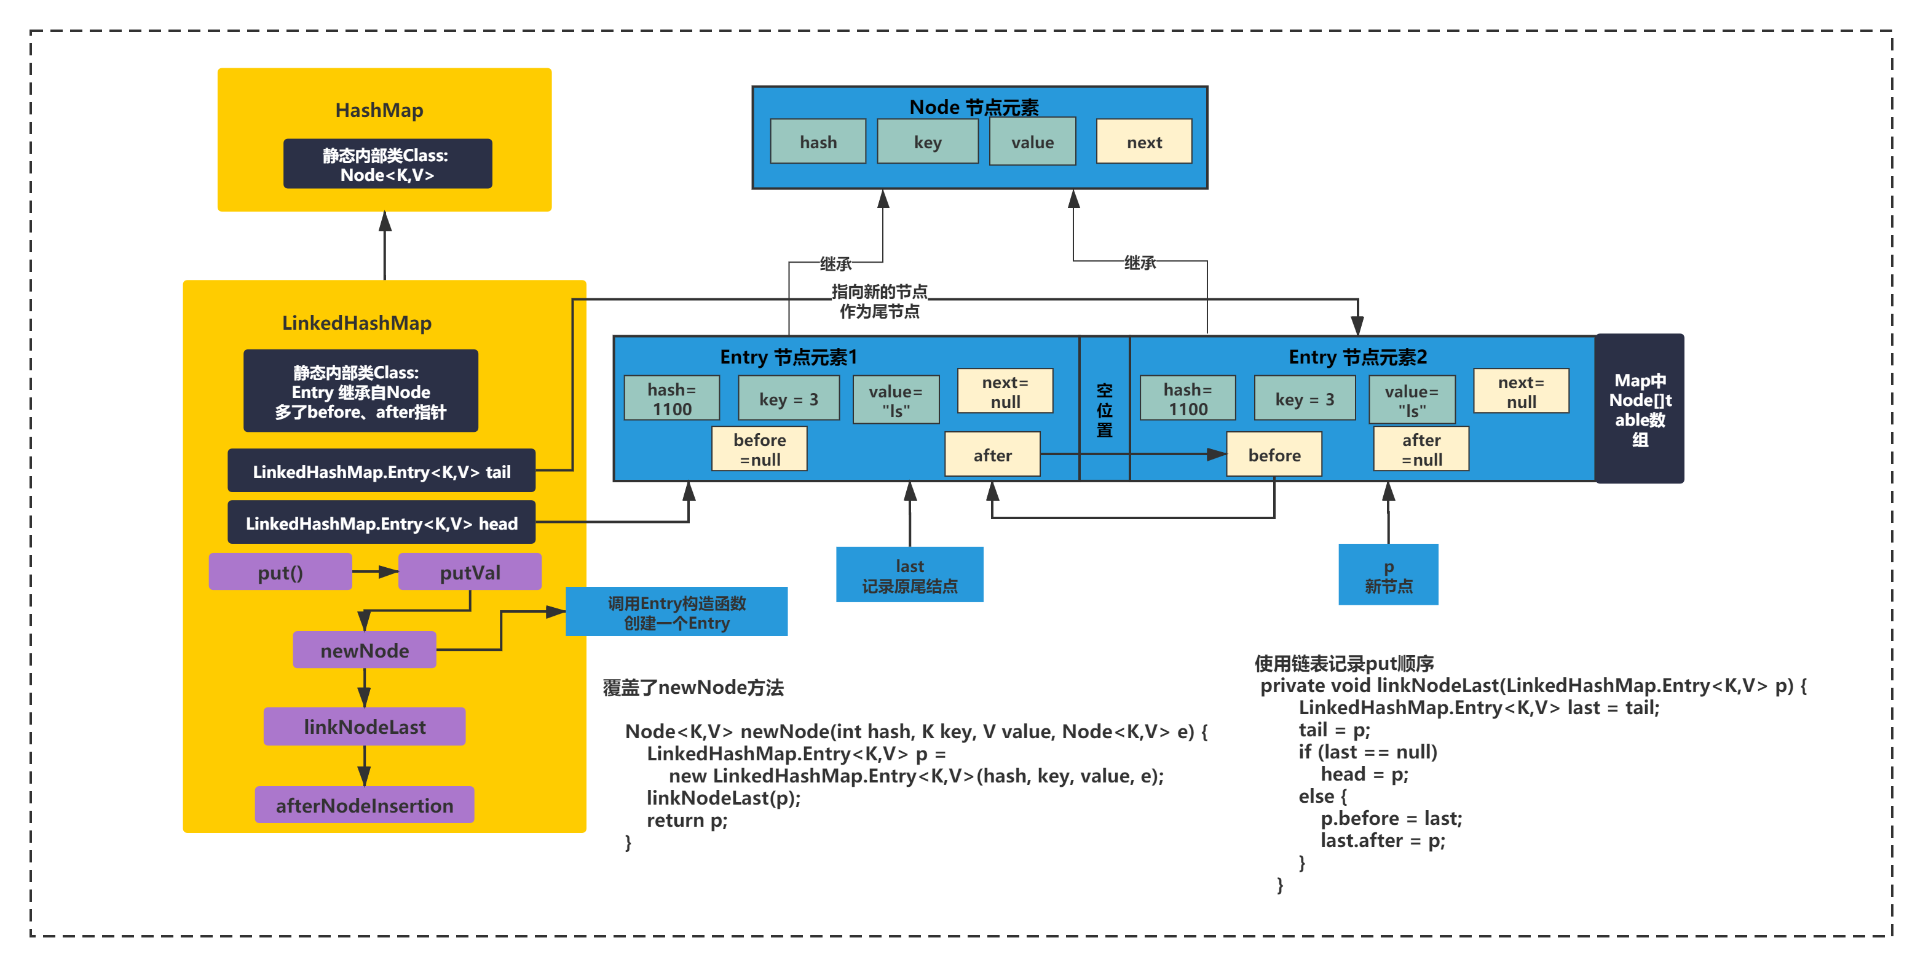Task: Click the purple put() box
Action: (x=280, y=572)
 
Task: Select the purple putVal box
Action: (x=470, y=572)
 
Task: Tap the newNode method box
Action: (x=365, y=650)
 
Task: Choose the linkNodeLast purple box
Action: (x=365, y=726)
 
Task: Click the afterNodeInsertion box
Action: (x=365, y=805)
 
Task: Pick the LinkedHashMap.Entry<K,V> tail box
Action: (x=381, y=471)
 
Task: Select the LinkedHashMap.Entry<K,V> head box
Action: (x=381, y=523)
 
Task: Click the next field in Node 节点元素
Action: (x=1143, y=142)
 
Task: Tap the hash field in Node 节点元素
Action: (x=818, y=142)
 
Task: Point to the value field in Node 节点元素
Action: (x=1032, y=142)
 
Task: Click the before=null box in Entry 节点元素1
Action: (x=759, y=449)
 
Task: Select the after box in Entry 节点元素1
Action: (x=992, y=455)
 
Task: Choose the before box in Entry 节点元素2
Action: (x=1274, y=455)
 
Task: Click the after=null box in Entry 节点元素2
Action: (x=1421, y=449)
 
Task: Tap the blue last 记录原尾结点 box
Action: (x=909, y=575)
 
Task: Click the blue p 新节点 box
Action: (x=1388, y=575)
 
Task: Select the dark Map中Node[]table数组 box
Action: (x=1640, y=408)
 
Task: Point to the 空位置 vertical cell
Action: (x=1104, y=408)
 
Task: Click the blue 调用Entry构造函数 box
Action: (x=676, y=611)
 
